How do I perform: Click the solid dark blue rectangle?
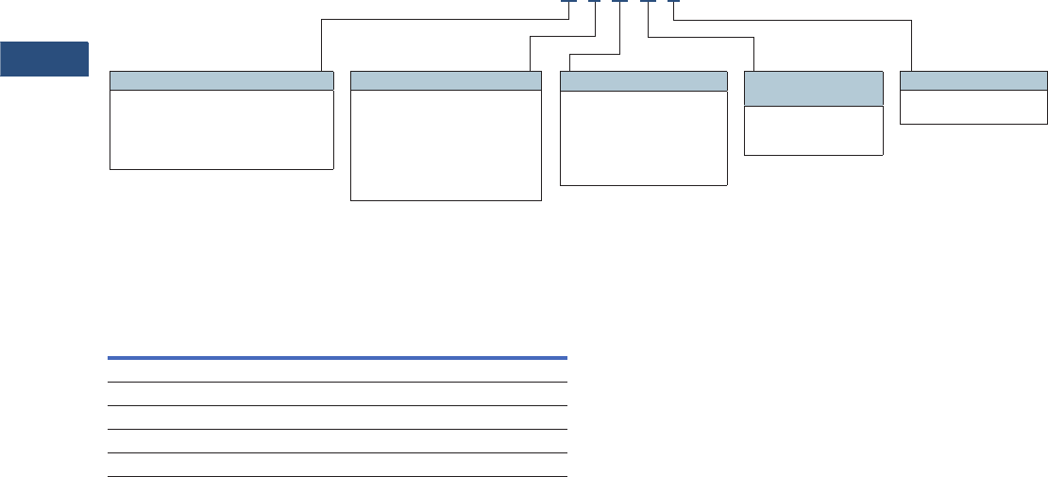pyautogui.click(x=44, y=59)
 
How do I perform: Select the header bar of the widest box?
pyautogui.click(x=222, y=80)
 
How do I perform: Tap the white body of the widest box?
pyautogui.click(x=222, y=129)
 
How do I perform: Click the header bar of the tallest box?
pyautogui.click(x=446, y=80)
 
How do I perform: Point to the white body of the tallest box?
pyautogui.click(x=446, y=145)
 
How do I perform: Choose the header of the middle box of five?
pyautogui.click(x=644, y=80)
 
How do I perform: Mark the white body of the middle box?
pyautogui.click(x=644, y=137)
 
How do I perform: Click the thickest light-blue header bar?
pyautogui.click(x=814, y=88)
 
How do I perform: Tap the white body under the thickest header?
pyautogui.click(x=814, y=130)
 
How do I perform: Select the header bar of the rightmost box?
pyautogui.click(x=974, y=80)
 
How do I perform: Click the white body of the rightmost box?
pyautogui.click(x=974, y=107)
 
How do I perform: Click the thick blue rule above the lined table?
pyautogui.click(x=337, y=358)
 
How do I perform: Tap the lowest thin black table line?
pyautogui.click(x=337, y=476)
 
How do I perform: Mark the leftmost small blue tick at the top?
pyautogui.click(x=567, y=1)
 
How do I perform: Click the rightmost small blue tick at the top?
pyautogui.click(x=673, y=1)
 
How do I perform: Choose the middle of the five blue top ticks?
pyautogui.click(x=619, y=1)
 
